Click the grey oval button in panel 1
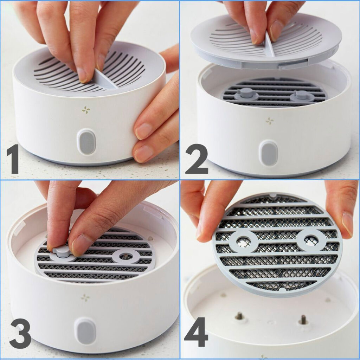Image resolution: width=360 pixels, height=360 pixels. (86, 142)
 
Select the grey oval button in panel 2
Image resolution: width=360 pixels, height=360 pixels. (268, 153)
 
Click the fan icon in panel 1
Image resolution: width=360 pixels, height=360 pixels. (86, 110)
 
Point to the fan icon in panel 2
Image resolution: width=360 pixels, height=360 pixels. (270, 121)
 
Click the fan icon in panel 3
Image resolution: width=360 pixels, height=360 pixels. (85, 298)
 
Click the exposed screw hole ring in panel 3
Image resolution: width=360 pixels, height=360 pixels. (126, 256)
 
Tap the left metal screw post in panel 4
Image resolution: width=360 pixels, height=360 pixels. (239, 316)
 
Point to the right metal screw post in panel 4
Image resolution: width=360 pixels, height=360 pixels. (303, 319)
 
